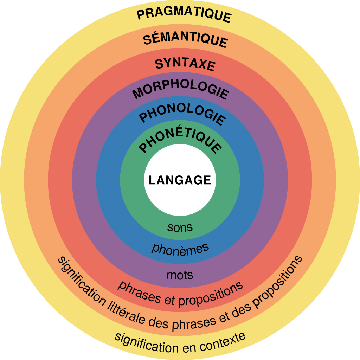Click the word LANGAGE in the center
[180, 180]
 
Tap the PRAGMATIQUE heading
[184, 15]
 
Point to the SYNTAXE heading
[185, 64]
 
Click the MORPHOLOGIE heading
[181, 91]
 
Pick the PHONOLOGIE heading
[182, 116]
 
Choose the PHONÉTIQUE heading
[181, 142]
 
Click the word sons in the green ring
[180, 227]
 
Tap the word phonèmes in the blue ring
[180, 248]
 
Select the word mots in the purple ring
[180, 274]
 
